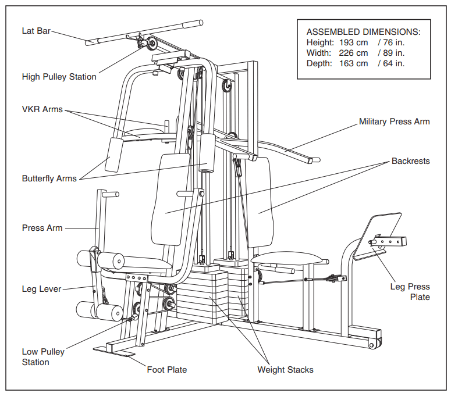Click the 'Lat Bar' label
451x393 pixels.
[x=36, y=31]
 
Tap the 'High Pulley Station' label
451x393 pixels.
[x=59, y=77]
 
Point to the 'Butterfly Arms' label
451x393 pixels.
[x=49, y=178]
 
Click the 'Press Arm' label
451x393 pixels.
[x=42, y=228]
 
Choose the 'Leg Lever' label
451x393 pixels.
[x=41, y=289]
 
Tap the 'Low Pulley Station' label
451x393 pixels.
[x=43, y=357]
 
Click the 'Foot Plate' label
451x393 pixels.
[x=167, y=369]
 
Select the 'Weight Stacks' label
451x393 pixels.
[x=285, y=370]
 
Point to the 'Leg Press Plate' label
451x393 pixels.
[x=410, y=292]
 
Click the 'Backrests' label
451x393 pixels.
[x=410, y=161]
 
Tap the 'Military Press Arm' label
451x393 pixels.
[x=394, y=122]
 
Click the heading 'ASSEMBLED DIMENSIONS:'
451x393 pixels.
[x=363, y=32]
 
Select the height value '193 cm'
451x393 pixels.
[x=353, y=42]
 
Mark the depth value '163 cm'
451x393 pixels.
[x=353, y=63]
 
